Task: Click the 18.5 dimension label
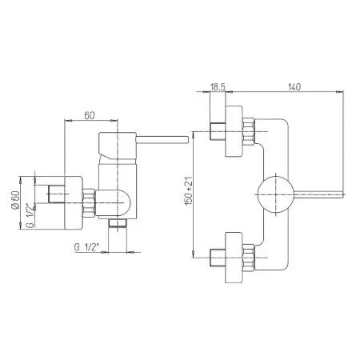click(x=218, y=86)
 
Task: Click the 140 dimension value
click(x=294, y=86)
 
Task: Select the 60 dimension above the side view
click(x=90, y=115)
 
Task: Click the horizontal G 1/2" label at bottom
click(x=86, y=247)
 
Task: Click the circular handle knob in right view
click(x=276, y=194)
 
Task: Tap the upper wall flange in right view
click(x=234, y=131)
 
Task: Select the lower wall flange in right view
click(x=234, y=258)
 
